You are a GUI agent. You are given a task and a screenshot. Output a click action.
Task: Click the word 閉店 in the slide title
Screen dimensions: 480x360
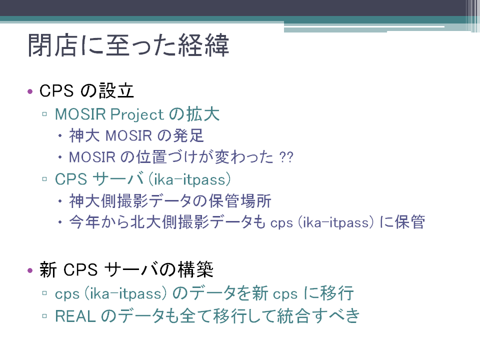(52, 45)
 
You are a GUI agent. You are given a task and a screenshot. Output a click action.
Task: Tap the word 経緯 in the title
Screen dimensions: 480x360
(203, 45)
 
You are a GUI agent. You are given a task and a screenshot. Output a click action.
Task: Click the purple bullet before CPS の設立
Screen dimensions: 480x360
(29, 91)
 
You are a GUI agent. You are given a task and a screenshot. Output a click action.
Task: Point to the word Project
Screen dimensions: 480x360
(137, 114)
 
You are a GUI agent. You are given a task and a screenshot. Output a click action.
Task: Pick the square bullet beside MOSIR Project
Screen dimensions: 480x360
(44, 114)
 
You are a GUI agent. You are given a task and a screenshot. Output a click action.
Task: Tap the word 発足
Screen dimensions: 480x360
(188, 135)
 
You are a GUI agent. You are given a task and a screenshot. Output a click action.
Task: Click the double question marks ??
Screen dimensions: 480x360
(286, 157)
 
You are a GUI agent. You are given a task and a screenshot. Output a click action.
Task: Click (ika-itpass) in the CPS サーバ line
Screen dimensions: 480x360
(189, 179)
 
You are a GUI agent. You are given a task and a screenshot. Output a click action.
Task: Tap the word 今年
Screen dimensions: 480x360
(84, 222)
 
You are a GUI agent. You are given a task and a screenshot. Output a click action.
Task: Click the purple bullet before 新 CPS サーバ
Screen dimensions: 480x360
(29, 270)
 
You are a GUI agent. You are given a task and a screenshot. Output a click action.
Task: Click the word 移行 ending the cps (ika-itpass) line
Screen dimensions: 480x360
(337, 293)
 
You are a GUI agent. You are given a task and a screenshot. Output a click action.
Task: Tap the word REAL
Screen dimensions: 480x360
(75, 316)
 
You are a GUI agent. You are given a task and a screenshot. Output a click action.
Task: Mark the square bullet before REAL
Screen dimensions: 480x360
(44, 315)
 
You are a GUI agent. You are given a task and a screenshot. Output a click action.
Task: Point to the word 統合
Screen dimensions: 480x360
(293, 315)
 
